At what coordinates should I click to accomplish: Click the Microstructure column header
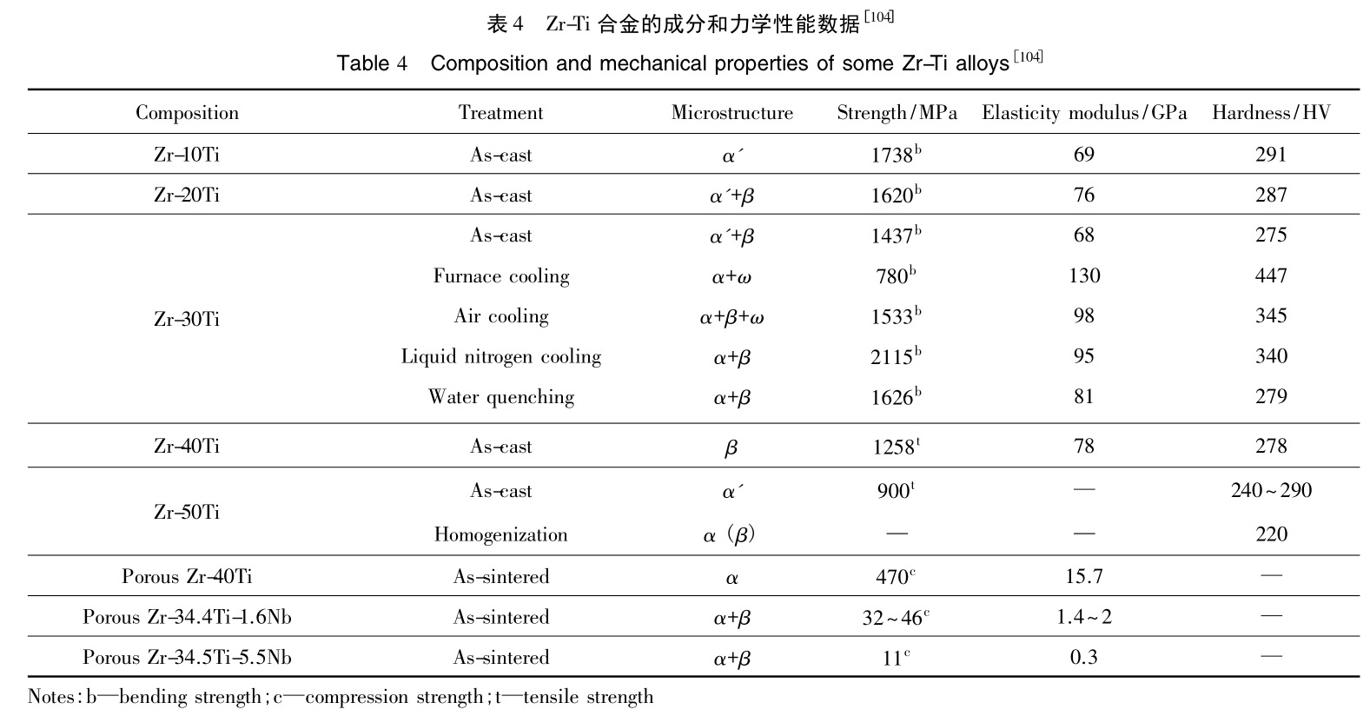click(731, 113)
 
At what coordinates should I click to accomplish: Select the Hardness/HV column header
click(1270, 113)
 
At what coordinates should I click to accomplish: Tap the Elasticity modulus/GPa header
click(1083, 113)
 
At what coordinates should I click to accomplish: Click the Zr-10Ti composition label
click(187, 155)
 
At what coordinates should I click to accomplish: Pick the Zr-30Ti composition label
click(187, 319)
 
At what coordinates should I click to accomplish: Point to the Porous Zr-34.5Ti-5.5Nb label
click(187, 657)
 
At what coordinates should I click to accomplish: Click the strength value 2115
click(893, 356)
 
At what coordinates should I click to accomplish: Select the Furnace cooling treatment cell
click(501, 276)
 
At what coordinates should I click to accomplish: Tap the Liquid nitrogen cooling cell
click(501, 356)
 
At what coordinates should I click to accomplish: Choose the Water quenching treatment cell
click(501, 397)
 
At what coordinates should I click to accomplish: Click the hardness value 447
click(1270, 275)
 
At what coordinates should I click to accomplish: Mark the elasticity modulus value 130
click(1083, 275)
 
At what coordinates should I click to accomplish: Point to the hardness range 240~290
click(1270, 490)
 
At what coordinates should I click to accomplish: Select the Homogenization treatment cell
click(501, 534)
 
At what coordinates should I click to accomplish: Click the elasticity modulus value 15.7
click(1083, 576)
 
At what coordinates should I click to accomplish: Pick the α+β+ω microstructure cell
click(731, 317)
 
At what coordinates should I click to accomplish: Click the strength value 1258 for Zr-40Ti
click(893, 447)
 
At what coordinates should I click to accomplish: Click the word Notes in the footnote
click(53, 697)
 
